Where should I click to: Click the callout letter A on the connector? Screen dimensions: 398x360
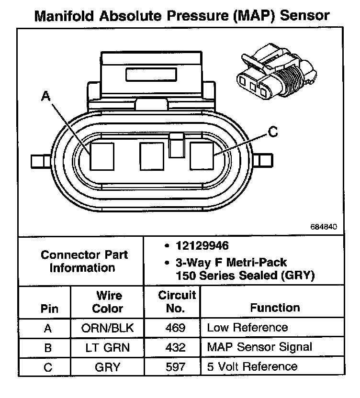click(46, 97)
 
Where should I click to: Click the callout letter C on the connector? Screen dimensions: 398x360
click(272, 132)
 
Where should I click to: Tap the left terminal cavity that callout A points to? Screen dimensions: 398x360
click(102, 156)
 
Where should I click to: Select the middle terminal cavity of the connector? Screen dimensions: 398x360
click(152, 156)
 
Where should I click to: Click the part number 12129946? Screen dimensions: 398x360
click(202, 246)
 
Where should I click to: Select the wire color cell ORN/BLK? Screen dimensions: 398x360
click(107, 328)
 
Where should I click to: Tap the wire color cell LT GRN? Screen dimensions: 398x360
click(107, 347)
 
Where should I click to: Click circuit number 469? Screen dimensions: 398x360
click(172, 328)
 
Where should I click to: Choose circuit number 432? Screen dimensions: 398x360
click(172, 347)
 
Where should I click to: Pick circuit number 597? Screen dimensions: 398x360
click(172, 367)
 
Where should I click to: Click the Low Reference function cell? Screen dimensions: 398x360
click(247, 328)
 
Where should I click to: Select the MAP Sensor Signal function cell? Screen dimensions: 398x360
click(259, 347)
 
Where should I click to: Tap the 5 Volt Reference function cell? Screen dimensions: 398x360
click(252, 367)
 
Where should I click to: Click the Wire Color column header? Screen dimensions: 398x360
click(108, 302)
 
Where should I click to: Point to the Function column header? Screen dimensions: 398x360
click(275, 308)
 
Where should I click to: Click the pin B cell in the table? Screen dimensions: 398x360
click(47, 347)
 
